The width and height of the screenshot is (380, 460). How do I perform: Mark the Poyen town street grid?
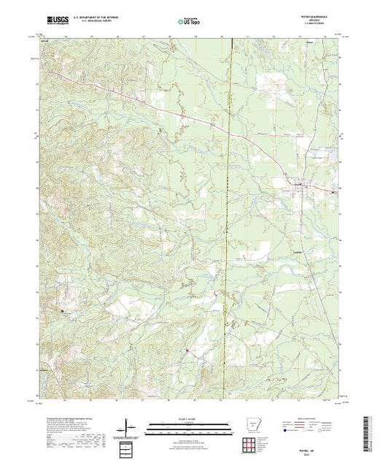tap(301, 189)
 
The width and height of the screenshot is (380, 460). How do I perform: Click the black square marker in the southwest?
tap(63, 310)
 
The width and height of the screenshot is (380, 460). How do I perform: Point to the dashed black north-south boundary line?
tap(228, 219)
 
